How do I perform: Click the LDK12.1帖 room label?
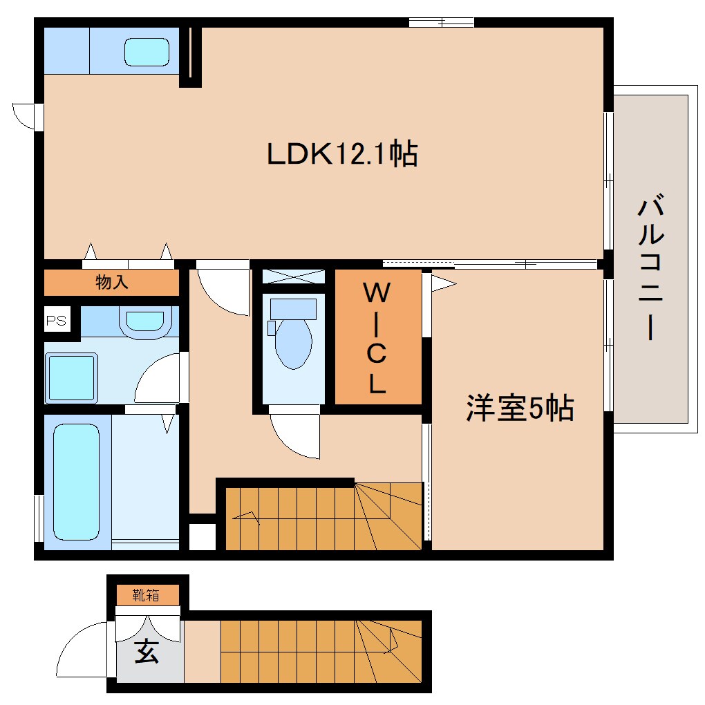click(x=342, y=153)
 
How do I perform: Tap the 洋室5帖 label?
click(x=519, y=408)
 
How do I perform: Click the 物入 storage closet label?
click(x=112, y=282)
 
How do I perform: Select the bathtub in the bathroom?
click(x=76, y=481)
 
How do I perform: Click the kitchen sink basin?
click(x=147, y=52)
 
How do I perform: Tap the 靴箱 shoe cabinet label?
click(x=147, y=594)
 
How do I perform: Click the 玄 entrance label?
click(x=146, y=652)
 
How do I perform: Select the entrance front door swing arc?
click(x=82, y=650)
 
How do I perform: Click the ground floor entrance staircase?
click(x=321, y=650)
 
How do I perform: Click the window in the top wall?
click(x=441, y=22)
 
